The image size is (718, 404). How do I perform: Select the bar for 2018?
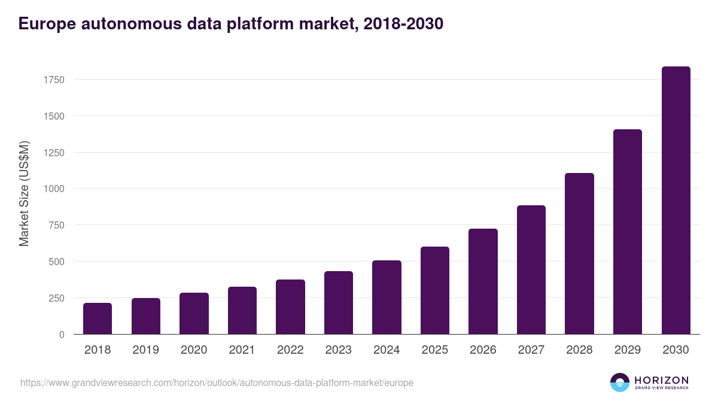click(x=98, y=318)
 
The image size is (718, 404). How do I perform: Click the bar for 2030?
click(x=676, y=201)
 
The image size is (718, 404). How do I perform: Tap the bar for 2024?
click(x=387, y=297)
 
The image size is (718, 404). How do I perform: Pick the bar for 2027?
click(x=531, y=270)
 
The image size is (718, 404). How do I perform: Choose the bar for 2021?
click(x=242, y=311)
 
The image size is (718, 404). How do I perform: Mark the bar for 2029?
click(x=628, y=232)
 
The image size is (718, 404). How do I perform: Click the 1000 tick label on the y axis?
click(x=54, y=189)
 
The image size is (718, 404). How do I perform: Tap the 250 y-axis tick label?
click(x=56, y=298)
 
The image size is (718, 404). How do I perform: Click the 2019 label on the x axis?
click(x=145, y=350)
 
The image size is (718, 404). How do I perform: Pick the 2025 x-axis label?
click(x=434, y=350)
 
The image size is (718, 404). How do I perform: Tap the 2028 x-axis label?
click(x=579, y=350)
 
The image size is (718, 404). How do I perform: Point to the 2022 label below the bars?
click(x=290, y=350)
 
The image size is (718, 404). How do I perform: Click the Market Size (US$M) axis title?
click(x=24, y=193)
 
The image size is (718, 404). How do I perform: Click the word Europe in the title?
click(x=47, y=24)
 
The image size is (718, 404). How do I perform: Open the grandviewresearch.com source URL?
click(x=217, y=382)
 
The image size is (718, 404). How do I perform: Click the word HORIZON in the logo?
click(x=661, y=380)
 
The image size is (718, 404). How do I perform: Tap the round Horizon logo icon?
click(x=619, y=382)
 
